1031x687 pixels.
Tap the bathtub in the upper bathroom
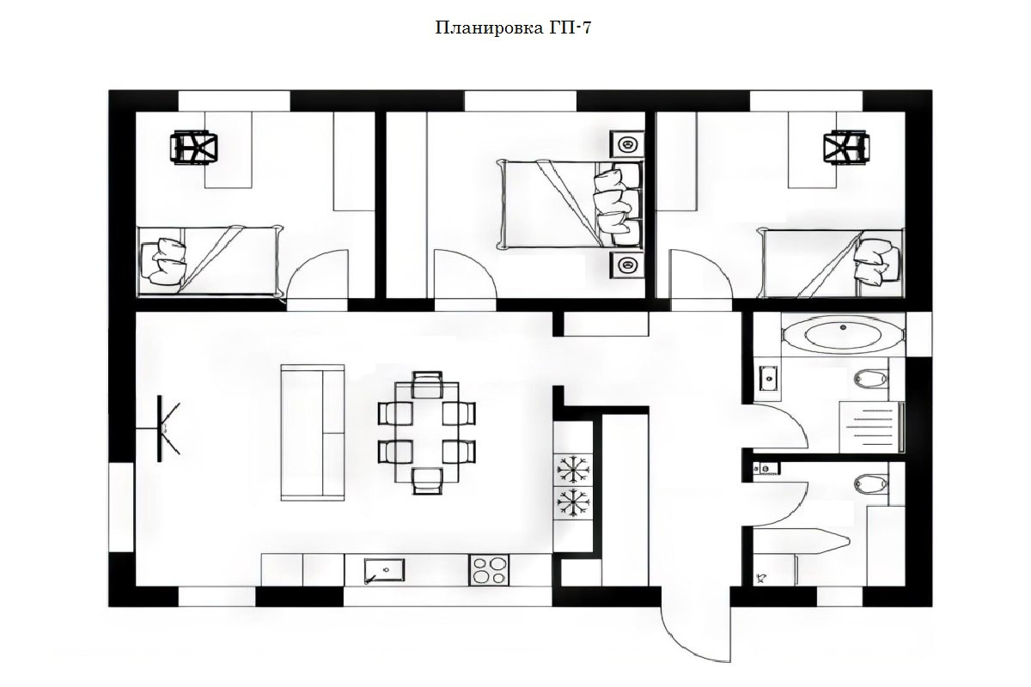pos(842,334)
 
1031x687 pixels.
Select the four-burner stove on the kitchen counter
pos(489,570)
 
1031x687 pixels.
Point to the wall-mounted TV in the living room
pos(162,428)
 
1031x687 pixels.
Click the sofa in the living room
pos(313,432)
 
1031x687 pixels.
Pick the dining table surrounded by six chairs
pos(427,432)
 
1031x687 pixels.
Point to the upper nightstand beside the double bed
pos(626,144)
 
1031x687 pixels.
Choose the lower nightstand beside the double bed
pos(626,266)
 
